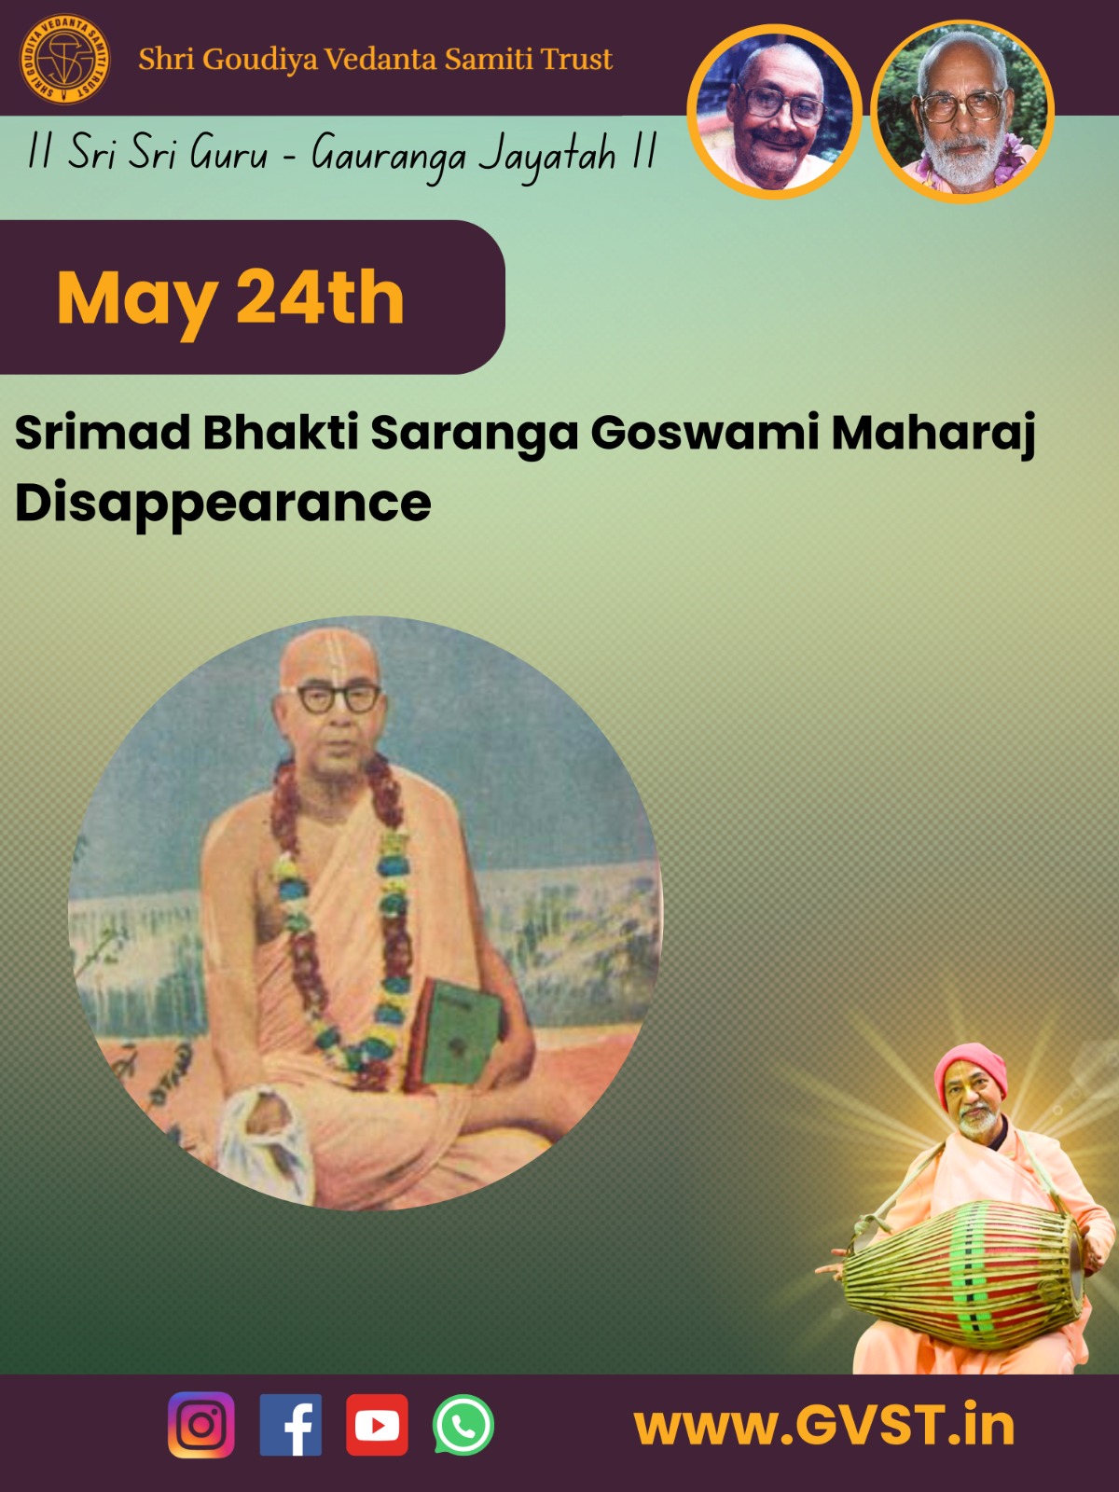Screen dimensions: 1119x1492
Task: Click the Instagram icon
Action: (x=201, y=1425)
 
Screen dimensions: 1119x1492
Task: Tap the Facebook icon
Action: (x=291, y=1425)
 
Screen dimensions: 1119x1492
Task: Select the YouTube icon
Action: (x=377, y=1425)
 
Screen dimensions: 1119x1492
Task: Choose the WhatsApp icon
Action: (x=463, y=1425)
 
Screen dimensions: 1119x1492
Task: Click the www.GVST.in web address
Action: (x=824, y=1426)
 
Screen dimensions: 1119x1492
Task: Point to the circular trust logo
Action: (x=64, y=59)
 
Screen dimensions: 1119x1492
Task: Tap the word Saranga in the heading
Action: (x=475, y=434)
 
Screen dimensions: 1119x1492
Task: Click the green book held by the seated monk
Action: (x=457, y=1032)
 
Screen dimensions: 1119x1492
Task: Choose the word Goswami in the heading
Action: (x=705, y=434)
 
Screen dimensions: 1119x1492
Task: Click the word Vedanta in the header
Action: (x=380, y=59)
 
